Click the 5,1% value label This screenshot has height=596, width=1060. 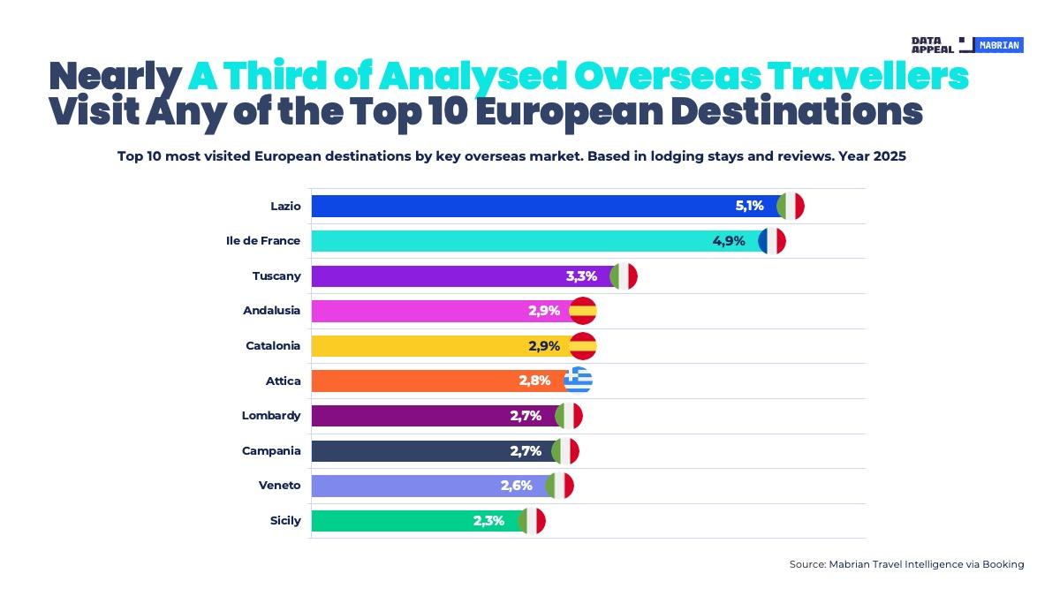pos(749,207)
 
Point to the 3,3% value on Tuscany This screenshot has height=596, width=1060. pos(580,276)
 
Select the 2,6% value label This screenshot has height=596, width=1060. pos(516,486)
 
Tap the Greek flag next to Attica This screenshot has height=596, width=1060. pos(579,381)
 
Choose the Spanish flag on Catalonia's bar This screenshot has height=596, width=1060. pos(583,346)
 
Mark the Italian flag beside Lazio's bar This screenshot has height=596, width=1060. pos(791,207)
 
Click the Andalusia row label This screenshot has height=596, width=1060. pos(271,311)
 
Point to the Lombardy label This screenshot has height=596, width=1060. pos(271,416)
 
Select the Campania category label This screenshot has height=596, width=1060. pos(271,451)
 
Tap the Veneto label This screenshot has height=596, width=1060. pos(279,486)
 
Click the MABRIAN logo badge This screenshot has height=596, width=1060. pos(999,45)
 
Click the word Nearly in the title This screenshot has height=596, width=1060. pos(114,78)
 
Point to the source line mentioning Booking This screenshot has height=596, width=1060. pos(906,564)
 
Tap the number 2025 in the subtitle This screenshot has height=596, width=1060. pos(890,156)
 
